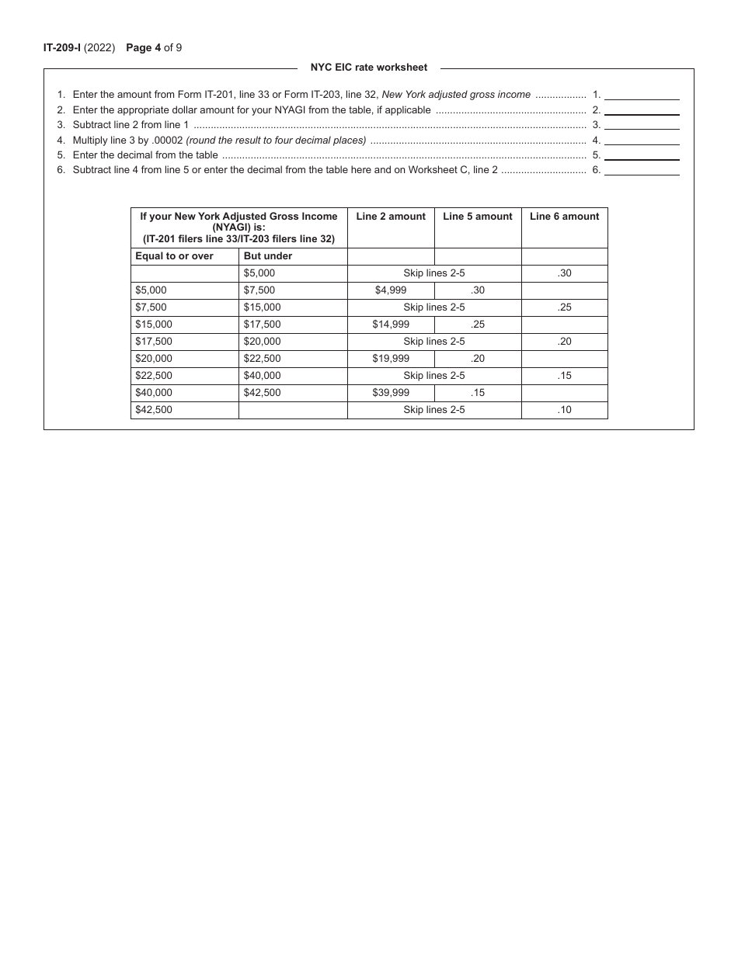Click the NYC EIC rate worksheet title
369,68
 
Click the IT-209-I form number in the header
62,48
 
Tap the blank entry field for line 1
642,94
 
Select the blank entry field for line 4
642,140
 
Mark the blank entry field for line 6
642,169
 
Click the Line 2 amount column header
391,217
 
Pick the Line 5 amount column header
478,217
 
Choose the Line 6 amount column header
565,217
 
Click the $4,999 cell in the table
391,290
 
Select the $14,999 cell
391,325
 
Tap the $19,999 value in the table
391,359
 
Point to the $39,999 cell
391,393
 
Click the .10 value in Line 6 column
565,410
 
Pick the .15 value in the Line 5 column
478,393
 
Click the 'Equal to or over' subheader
174,256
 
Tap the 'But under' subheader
268,256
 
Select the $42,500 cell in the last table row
154,410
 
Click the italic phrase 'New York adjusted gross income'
456,95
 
